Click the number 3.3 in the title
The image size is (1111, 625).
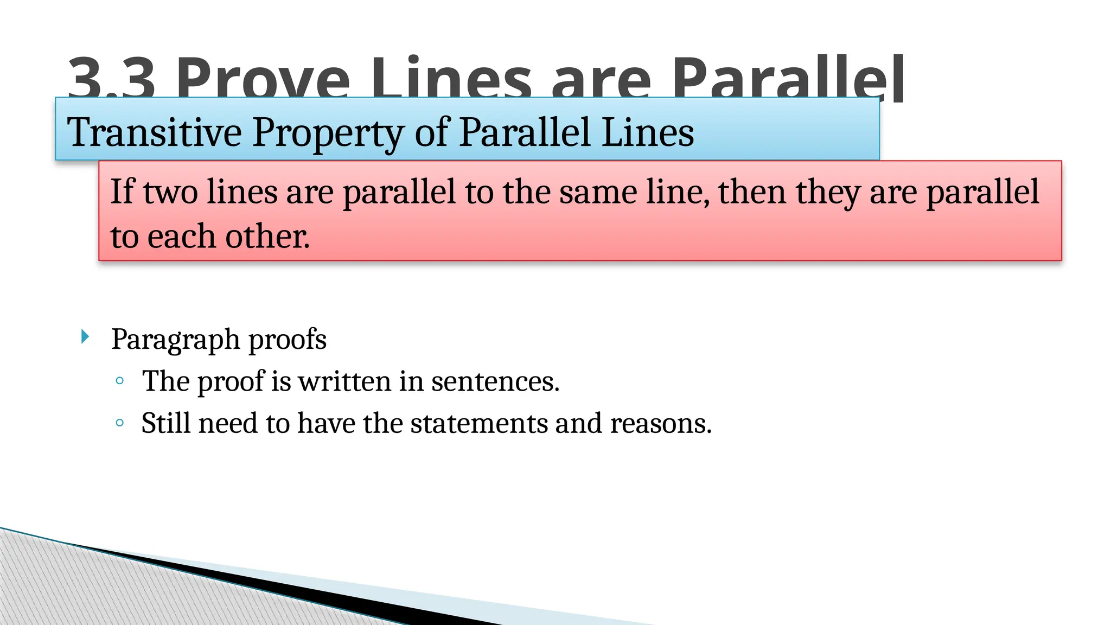111,79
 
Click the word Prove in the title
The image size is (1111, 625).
263,79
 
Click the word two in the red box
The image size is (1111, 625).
170,193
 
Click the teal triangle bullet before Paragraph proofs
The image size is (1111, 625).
85,337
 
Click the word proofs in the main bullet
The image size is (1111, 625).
288,340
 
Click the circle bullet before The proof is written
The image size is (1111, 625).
120,381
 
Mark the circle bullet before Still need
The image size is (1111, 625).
120,423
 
